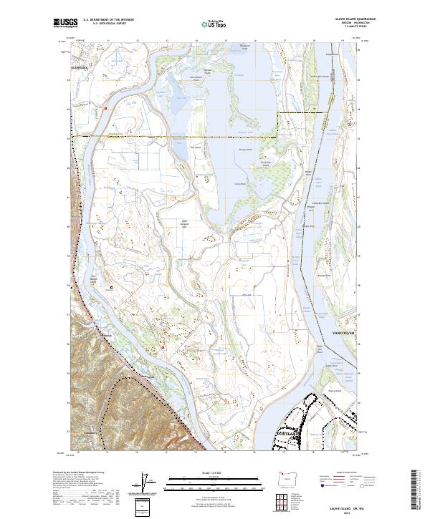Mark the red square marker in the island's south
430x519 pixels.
tap(163, 348)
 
